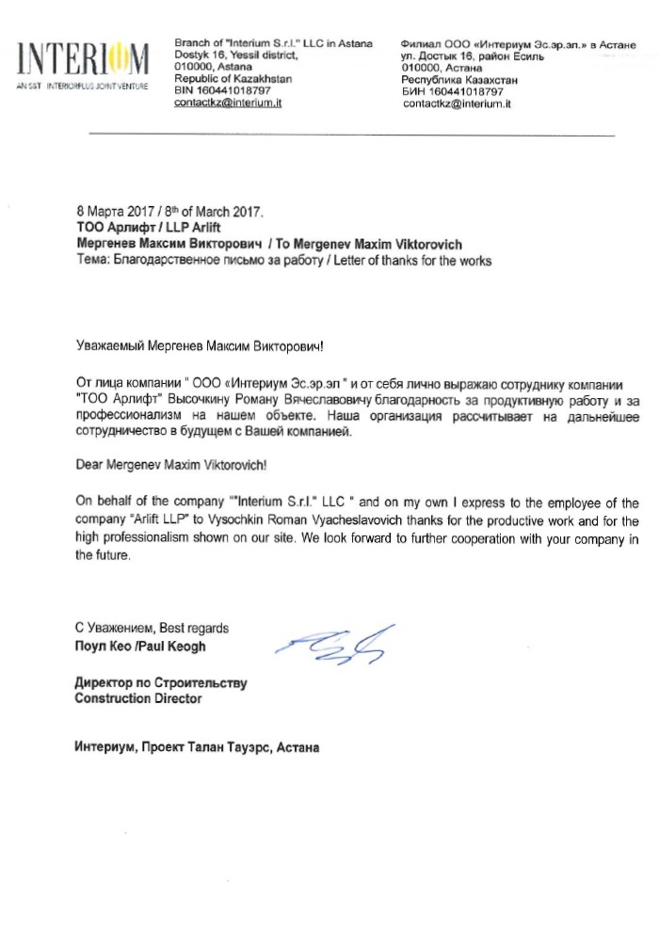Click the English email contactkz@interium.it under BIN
point(229,103)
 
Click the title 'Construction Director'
point(137,698)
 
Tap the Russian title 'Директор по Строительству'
point(160,683)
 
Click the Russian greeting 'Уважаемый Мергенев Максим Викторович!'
point(199,347)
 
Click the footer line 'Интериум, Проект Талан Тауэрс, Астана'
point(197,749)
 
